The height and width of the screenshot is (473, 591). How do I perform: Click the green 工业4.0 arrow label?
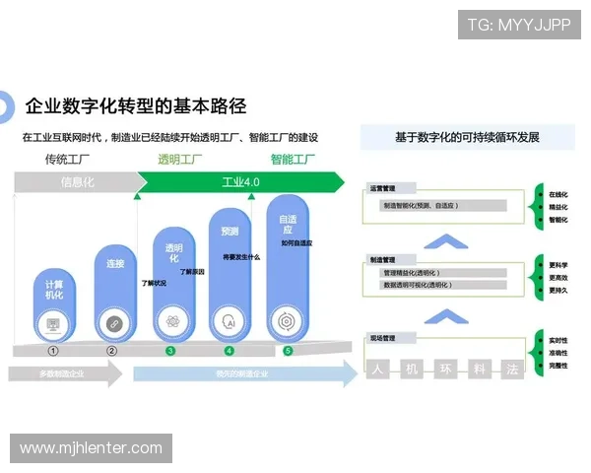coord(240,182)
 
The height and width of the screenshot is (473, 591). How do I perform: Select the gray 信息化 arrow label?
coord(77,182)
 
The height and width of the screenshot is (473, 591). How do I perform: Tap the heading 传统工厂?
coord(68,159)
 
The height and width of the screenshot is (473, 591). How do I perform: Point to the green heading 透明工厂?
coord(180,159)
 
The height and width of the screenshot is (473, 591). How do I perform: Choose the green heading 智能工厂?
coord(293,159)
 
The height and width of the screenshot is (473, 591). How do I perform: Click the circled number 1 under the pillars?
coord(53,350)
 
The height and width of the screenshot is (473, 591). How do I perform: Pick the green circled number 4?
coord(230,350)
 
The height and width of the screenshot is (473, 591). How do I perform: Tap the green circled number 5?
coord(288,350)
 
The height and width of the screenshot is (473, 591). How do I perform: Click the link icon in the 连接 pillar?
coord(113,322)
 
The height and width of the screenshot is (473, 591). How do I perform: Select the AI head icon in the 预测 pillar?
coord(230,321)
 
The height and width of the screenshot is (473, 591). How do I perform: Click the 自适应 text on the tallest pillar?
coord(288,227)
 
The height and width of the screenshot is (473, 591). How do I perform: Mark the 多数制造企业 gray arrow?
coord(62,374)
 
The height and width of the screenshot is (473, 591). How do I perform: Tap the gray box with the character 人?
coord(376,371)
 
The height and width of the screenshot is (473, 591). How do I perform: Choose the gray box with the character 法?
coord(511,371)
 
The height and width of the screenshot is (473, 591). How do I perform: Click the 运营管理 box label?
coord(384,187)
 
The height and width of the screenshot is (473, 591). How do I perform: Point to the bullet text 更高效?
coord(558,278)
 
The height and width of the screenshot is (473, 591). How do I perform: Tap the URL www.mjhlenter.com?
coord(91,448)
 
